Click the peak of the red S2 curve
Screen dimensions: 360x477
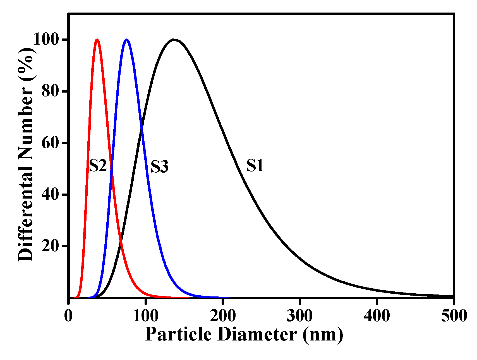point(97,40)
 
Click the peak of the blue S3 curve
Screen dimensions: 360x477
point(127,40)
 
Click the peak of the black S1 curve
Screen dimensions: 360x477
point(174,40)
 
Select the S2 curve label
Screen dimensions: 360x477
point(98,166)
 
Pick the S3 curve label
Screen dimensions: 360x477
point(160,167)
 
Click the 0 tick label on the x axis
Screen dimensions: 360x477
point(68,316)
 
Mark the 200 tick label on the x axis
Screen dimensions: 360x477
point(222,316)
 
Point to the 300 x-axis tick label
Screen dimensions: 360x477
point(299,316)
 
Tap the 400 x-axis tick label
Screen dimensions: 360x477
point(377,316)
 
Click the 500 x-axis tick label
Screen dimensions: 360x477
point(454,316)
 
